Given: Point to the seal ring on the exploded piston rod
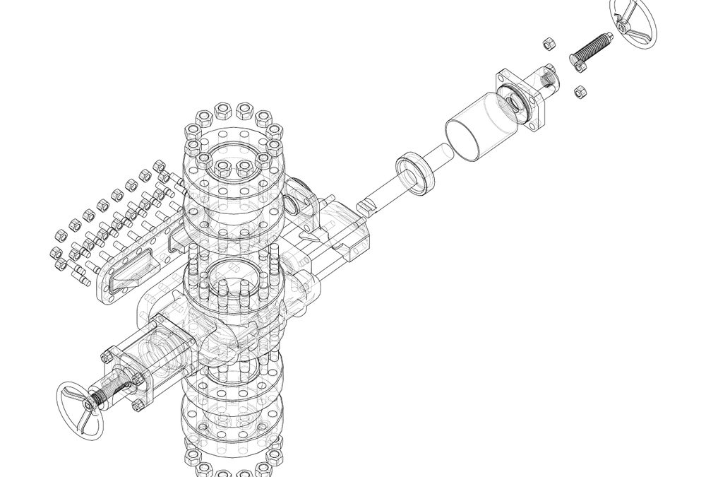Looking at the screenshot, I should [x=417, y=173].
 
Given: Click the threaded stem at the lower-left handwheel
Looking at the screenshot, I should [x=113, y=392].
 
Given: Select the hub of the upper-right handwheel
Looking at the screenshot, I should [x=623, y=26].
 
